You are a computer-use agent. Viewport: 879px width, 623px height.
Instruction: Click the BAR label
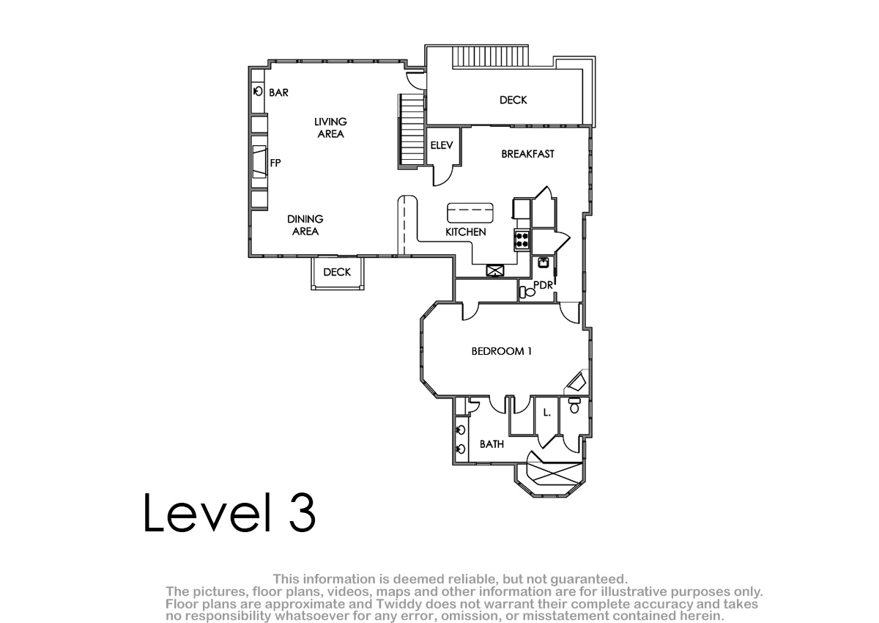point(278,92)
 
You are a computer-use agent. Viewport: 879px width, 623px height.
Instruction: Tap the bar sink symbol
point(258,92)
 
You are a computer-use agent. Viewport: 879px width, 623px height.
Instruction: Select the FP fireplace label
point(275,163)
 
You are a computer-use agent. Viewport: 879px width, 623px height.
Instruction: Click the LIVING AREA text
point(330,128)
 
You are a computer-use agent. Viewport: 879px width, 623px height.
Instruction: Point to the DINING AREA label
point(305,225)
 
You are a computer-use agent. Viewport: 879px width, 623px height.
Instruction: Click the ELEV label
point(442,145)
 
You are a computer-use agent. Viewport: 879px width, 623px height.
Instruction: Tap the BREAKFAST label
point(528,154)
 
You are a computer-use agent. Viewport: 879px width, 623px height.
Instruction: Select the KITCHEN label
point(465,232)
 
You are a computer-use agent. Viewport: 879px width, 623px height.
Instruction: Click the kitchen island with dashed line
point(470,213)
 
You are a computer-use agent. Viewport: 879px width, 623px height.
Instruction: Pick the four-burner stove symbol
point(522,240)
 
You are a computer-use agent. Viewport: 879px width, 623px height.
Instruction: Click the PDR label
point(543,285)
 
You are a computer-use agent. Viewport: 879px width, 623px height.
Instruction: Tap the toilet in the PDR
point(527,292)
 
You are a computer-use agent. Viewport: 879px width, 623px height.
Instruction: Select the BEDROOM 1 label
point(502,351)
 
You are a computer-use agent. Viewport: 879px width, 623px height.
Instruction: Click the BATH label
point(492,444)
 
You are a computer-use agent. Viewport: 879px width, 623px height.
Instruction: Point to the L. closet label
point(547,413)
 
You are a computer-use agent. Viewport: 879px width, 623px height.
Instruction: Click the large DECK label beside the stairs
point(513,100)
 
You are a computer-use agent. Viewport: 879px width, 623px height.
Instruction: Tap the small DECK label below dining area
point(337,272)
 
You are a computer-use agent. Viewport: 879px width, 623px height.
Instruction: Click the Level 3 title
point(229,512)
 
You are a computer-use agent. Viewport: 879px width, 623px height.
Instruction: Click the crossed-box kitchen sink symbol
point(495,270)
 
